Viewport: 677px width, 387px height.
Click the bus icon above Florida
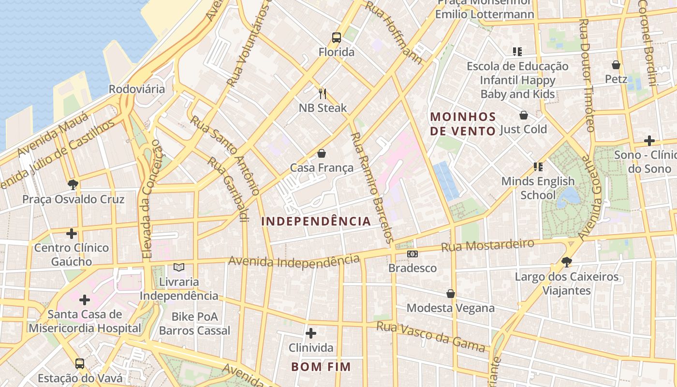(x=336, y=37)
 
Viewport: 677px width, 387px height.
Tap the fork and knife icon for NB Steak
(x=323, y=93)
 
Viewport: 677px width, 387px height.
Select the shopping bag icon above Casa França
(x=322, y=153)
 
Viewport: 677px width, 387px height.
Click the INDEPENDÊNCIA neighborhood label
(x=316, y=222)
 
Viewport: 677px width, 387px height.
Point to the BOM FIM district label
(x=321, y=367)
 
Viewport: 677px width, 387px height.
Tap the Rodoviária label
(x=136, y=89)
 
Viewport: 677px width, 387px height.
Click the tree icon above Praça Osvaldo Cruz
(x=73, y=184)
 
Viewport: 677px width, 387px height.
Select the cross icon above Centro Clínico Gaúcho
(x=72, y=234)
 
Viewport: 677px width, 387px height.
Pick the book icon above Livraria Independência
(x=179, y=267)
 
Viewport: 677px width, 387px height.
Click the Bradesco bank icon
(x=412, y=253)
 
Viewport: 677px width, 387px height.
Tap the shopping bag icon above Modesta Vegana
(x=451, y=294)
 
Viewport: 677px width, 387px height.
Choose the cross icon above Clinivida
(x=311, y=333)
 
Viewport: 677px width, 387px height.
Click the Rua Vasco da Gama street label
(x=430, y=337)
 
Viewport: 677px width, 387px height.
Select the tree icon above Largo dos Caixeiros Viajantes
(x=567, y=262)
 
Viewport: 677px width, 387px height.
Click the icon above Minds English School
(x=538, y=167)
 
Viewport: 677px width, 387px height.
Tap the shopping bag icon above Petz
(x=616, y=64)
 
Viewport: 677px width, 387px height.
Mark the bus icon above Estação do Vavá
(x=80, y=363)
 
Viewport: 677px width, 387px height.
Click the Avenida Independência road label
(x=294, y=261)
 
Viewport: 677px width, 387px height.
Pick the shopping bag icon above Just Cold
(x=523, y=115)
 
